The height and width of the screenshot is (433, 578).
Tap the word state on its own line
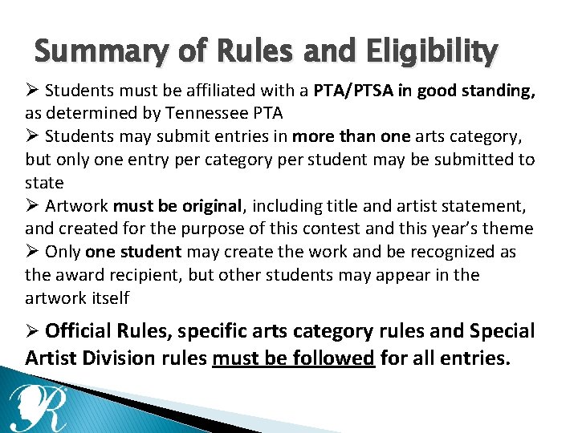pyautogui.click(x=44, y=183)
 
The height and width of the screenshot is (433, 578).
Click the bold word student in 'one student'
pyautogui.click(x=151, y=252)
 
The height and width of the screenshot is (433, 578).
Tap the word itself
pyautogui.click(x=108, y=298)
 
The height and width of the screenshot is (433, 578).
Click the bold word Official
pyautogui.click(x=79, y=330)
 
